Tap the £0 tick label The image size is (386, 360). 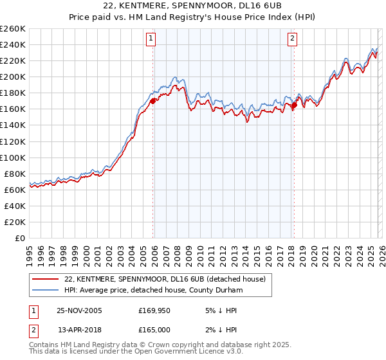[x=19, y=238]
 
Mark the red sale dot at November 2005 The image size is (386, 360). [x=153, y=101]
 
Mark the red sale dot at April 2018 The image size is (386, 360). [x=294, y=105]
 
